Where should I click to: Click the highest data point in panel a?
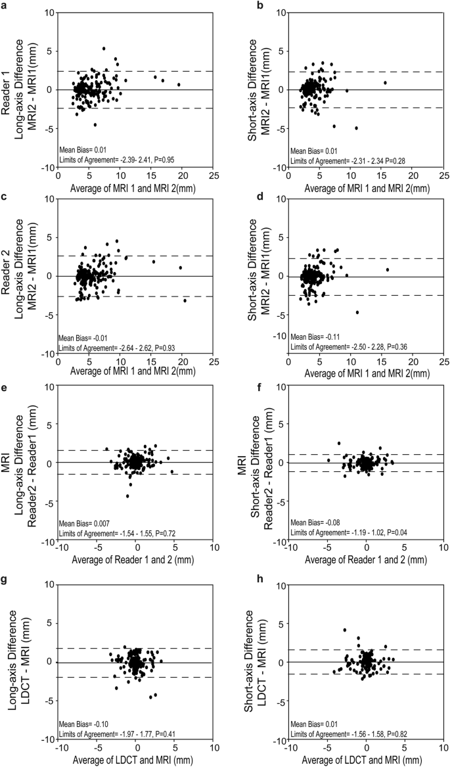coord(104,49)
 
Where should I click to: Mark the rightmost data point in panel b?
coord(386,83)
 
